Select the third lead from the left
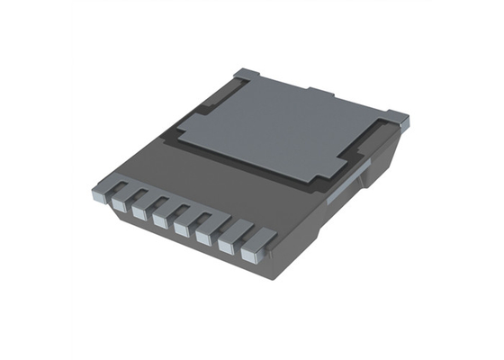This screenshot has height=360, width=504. (x=139, y=212)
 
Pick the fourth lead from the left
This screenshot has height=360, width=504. (x=160, y=220)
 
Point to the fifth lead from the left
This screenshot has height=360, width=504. (x=182, y=229)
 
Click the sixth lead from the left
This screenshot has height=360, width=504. (x=203, y=238)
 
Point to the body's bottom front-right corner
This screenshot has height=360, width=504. (x=271, y=275)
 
